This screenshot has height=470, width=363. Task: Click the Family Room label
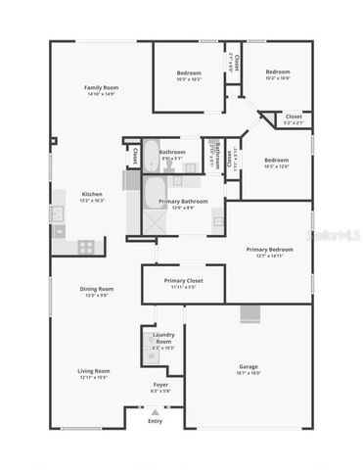click(x=100, y=87)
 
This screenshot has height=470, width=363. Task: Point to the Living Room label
click(x=94, y=370)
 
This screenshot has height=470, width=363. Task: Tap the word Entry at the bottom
click(x=155, y=421)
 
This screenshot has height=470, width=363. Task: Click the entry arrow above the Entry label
click(x=155, y=411)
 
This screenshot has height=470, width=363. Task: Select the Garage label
click(x=249, y=366)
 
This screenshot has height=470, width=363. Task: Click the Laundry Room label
click(x=163, y=337)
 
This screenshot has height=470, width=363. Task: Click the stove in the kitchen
click(x=86, y=246)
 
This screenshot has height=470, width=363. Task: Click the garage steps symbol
click(x=251, y=313)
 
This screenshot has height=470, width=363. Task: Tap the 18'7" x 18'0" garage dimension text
click(x=249, y=373)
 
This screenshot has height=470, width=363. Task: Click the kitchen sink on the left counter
click(x=57, y=213)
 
